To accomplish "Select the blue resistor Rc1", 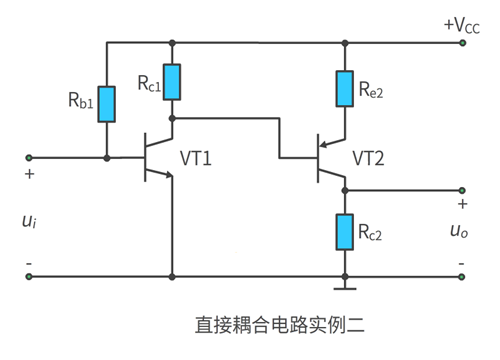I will (x=173, y=82).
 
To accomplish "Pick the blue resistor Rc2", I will (x=345, y=231).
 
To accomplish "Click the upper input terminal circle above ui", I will (x=29, y=157).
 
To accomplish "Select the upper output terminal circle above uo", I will (x=462, y=190).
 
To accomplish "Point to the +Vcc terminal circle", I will (x=462, y=42).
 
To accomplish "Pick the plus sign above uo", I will (x=462, y=205).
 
